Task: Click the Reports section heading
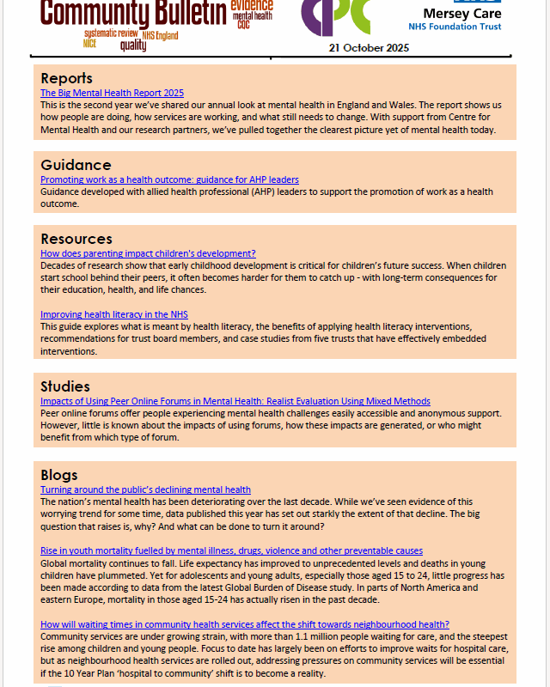pyautogui.click(x=66, y=79)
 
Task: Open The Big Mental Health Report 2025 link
pyautogui.click(x=112, y=93)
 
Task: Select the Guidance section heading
pyautogui.click(x=76, y=165)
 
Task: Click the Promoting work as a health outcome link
pyautogui.click(x=169, y=179)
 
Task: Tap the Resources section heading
pyautogui.click(x=76, y=239)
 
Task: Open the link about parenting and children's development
pyautogui.click(x=148, y=253)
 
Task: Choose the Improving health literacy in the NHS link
pyautogui.click(x=113, y=315)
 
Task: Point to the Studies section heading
pyautogui.click(x=65, y=386)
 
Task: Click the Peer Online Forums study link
pyautogui.click(x=235, y=401)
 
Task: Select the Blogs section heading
pyautogui.click(x=59, y=475)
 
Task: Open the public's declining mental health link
pyautogui.click(x=145, y=489)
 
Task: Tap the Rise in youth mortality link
pyautogui.click(x=231, y=550)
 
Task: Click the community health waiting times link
pyautogui.click(x=245, y=624)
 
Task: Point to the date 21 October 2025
pyautogui.click(x=369, y=47)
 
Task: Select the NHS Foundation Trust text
pyautogui.click(x=467, y=27)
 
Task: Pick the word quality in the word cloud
pyautogui.click(x=133, y=46)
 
